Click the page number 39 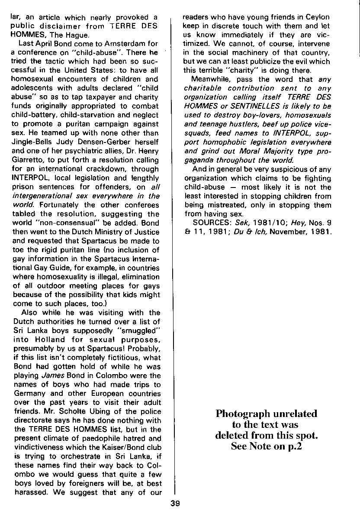[175, 503]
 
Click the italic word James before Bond [50, 375]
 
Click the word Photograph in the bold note [244, 414]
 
